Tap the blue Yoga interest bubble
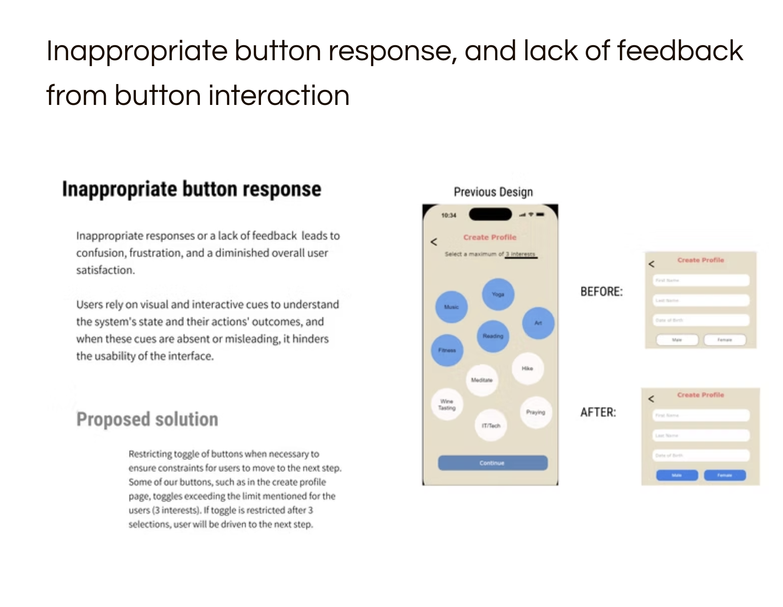click(x=498, y=294)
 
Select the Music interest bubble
click(x=451, y=307)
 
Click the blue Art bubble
click(x=538, y=323)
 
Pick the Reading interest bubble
click(x=493, y=336)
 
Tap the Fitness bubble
click(x=447, y=350)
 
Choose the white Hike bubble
click(x=527, y=368)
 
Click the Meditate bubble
click(x=482, y=380)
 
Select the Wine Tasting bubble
click(x=447, y=404)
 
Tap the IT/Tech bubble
click(x=491, y=426)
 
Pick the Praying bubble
click(x=536, y=412)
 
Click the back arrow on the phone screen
click(x=434, y=242)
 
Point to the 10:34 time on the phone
click(x=449, y=215)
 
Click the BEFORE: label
click(x=601, y=292)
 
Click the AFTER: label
click(x=598, y=412)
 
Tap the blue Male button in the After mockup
click(x=677, y=475)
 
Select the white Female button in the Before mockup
click(x=725, y=340)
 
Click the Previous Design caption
click(x=493, y=192)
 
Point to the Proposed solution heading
click(x=147, y=419)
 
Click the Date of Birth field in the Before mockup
click(x=701, y=320)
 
